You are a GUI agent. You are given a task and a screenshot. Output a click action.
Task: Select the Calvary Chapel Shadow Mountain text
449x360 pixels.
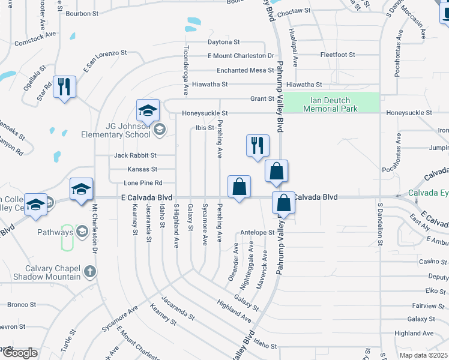(53, 272)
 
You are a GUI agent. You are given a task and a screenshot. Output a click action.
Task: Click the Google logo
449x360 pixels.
(19, 353)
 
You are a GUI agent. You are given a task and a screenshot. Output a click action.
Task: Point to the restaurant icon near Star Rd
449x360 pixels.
(64, 88)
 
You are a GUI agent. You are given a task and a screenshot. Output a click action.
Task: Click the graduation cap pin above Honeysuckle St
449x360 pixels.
(148, 110)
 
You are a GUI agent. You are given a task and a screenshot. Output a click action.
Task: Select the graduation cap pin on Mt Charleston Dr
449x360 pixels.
(81, 190)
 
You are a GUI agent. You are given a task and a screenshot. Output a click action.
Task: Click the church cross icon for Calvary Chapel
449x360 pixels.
(90, 272)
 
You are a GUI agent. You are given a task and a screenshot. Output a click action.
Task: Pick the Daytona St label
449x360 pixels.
(223, 42)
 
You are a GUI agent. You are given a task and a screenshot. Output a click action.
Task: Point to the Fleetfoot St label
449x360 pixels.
(337, 55)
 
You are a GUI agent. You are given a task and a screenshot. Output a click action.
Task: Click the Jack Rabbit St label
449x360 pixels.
(135, 155)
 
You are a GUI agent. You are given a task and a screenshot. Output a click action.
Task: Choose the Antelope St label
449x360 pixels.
(257, 232)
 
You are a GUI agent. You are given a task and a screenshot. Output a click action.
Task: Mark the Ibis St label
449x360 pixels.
(205, 128)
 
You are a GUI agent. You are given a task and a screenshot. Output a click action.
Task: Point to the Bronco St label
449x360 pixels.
(22, 305)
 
